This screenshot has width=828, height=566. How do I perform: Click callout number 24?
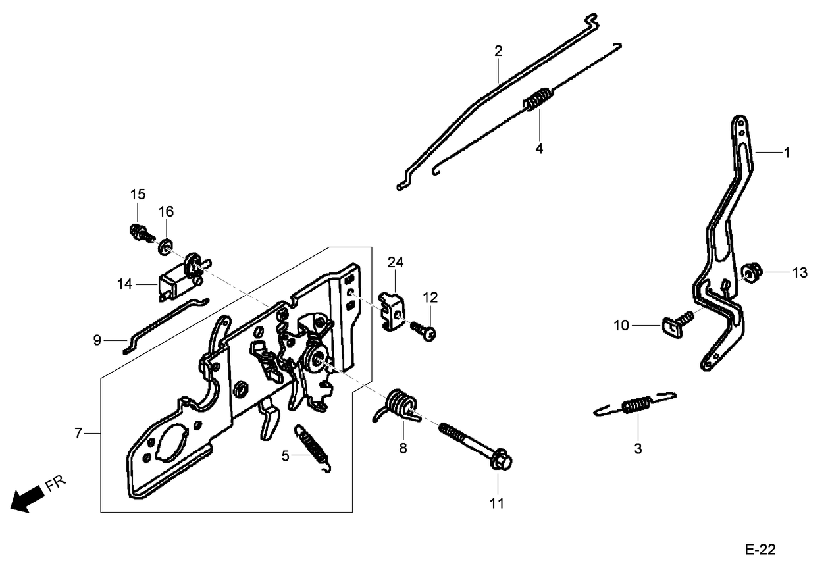pos(395,262)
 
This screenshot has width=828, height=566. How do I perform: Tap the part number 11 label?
pos(497,503)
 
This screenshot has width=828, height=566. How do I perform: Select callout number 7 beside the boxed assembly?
pos(78,433)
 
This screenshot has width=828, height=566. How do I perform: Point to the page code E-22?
pos(760,550)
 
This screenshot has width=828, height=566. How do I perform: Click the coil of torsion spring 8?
pos(400,403)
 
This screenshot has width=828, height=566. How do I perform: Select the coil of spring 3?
pos(636,405)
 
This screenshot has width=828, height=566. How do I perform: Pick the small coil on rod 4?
pos(538,99)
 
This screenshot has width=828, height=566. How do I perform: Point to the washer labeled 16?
pos(165,247)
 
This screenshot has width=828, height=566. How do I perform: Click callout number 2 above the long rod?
pos(498,51)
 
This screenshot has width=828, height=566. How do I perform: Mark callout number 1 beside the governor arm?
pos(786,152)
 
